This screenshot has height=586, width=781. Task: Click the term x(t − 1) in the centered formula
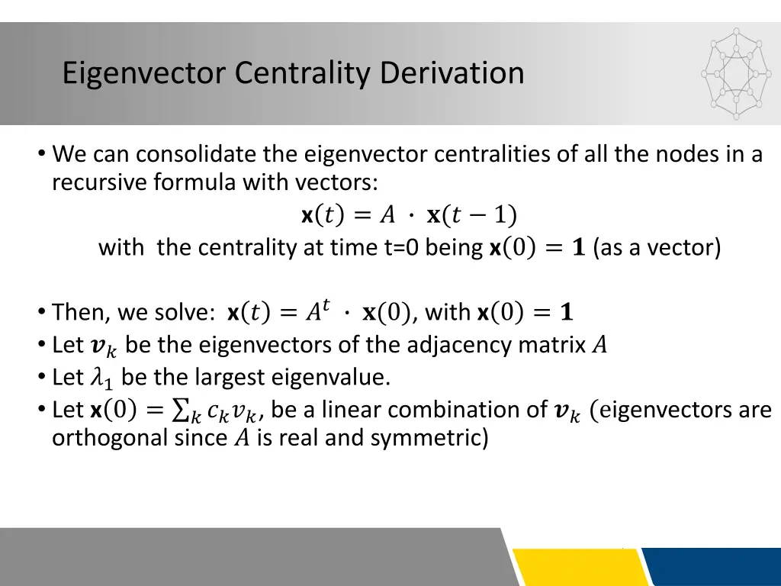pyautogui.click(x=471, y=216)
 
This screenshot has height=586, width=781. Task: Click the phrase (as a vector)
pyautogui.click(x=656, y=248)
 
